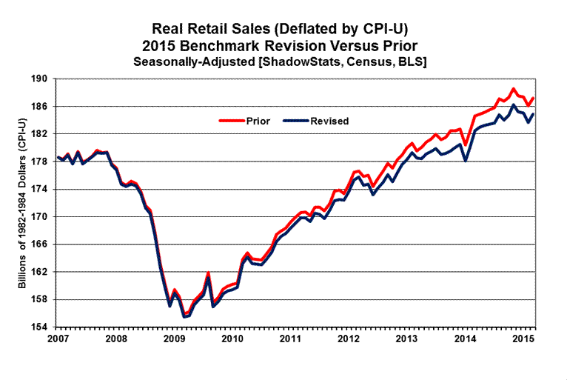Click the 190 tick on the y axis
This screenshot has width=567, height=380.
pos(38,79)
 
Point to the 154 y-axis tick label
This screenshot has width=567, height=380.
pos(38,327)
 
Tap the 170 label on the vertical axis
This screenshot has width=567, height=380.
pos(38,217)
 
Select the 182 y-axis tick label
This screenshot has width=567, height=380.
pos(38,134)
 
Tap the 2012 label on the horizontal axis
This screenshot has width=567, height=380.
pos(349,339)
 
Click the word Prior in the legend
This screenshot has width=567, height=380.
pos(255,120)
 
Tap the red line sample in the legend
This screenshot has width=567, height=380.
pos(229,120)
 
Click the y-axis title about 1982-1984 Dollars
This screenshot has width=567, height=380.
pos(22,202)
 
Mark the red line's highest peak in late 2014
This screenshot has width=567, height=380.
pos(513,89)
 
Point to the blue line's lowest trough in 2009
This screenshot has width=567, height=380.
pos(184,316)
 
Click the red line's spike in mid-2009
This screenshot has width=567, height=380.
pos(208,273)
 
